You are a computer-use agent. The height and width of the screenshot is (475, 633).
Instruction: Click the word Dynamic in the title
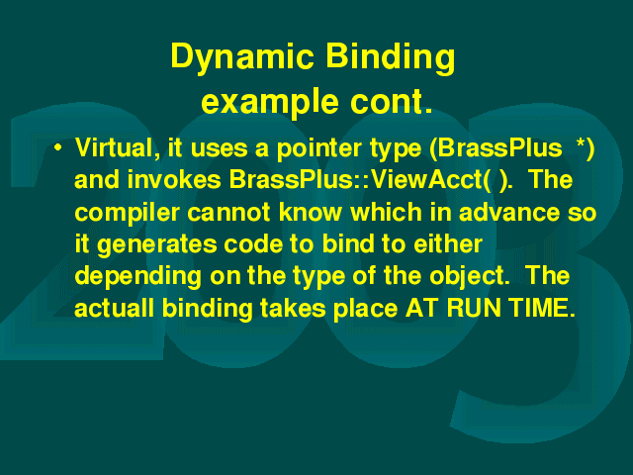242,57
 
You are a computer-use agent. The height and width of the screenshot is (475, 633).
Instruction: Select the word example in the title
270,103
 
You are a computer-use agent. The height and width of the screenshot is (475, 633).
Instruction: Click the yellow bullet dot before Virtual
58,147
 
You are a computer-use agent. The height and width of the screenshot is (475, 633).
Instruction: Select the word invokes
174,179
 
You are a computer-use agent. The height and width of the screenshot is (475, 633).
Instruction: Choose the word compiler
127,213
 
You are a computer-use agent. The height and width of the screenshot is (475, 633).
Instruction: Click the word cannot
229,213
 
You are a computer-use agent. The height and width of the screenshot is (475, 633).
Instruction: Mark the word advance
509,212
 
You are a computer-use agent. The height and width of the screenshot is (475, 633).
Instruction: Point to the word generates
157,245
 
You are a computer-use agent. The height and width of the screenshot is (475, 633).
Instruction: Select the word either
448,243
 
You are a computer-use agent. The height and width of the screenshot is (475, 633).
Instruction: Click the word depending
138,277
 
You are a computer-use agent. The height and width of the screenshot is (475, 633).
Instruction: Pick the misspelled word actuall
114,308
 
